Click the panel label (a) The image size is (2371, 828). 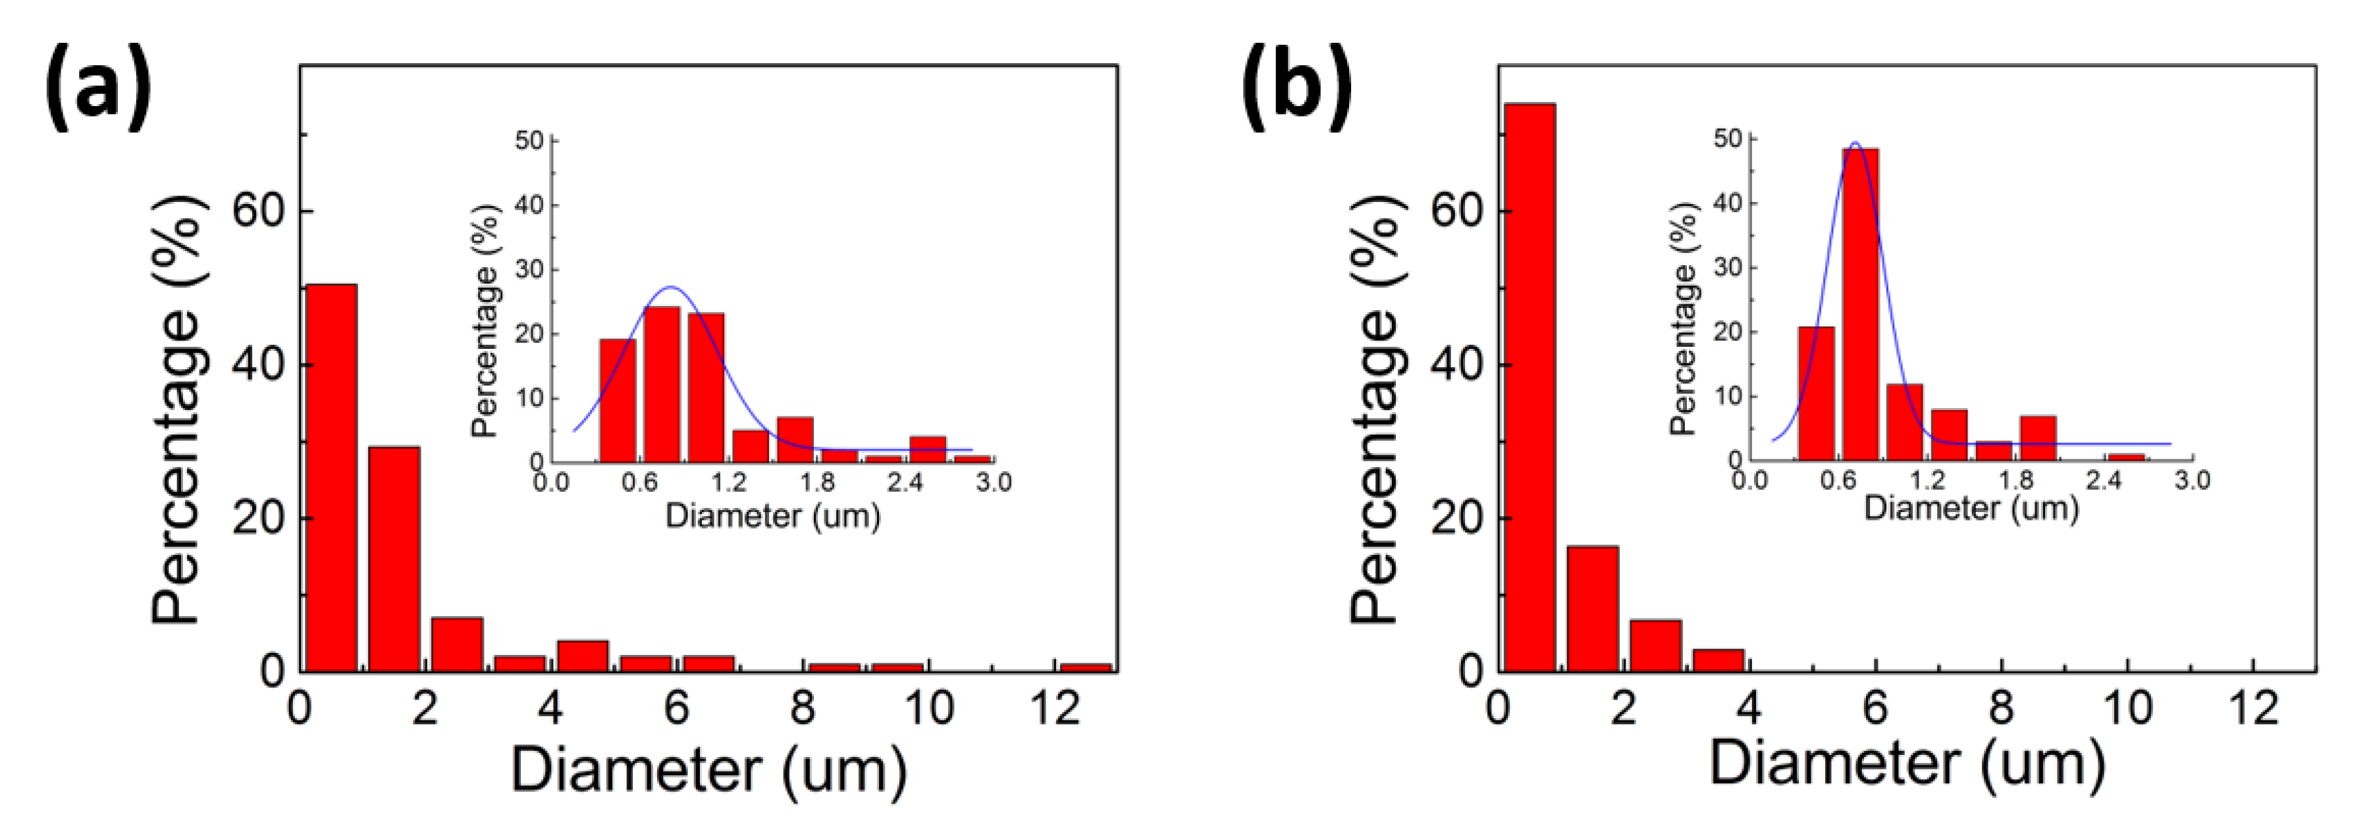[x=97, y=90]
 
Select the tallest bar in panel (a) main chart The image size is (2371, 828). [x=331, y=479]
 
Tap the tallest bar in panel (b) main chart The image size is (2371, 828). [x=1530, y=386]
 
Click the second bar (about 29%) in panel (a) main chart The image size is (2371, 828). [x=394, y=559]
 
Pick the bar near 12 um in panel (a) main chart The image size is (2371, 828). [x=1086, y=667]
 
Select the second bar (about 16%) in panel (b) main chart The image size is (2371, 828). [x=1592, y=608]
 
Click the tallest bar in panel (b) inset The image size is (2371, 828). [x=1860, y=303]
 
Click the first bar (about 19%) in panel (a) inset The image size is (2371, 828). [x=618, y=400]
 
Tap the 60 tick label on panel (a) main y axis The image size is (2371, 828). [x=257, y=211]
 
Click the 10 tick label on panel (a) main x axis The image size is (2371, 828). [x=928, y=708]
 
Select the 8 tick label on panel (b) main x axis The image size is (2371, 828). [x=2001, y=708]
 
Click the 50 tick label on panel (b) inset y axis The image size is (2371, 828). [x=1728, y=138]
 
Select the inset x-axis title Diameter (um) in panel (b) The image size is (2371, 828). [x=1971, y=509]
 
